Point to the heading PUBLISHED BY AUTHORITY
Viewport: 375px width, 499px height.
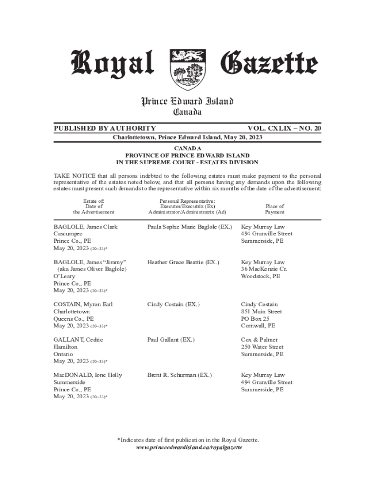click(105, 128)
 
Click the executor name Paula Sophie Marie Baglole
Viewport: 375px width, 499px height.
click(189, 227)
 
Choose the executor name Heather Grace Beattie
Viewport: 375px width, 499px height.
click(183, 262)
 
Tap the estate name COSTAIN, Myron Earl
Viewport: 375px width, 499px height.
click(83, 304)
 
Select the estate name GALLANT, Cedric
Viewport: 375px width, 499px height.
click(78, 340)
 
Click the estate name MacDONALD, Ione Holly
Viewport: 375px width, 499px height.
click(88, 375)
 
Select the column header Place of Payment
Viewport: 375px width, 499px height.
click(275, 209)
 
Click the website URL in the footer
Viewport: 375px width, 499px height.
click(188, 447)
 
